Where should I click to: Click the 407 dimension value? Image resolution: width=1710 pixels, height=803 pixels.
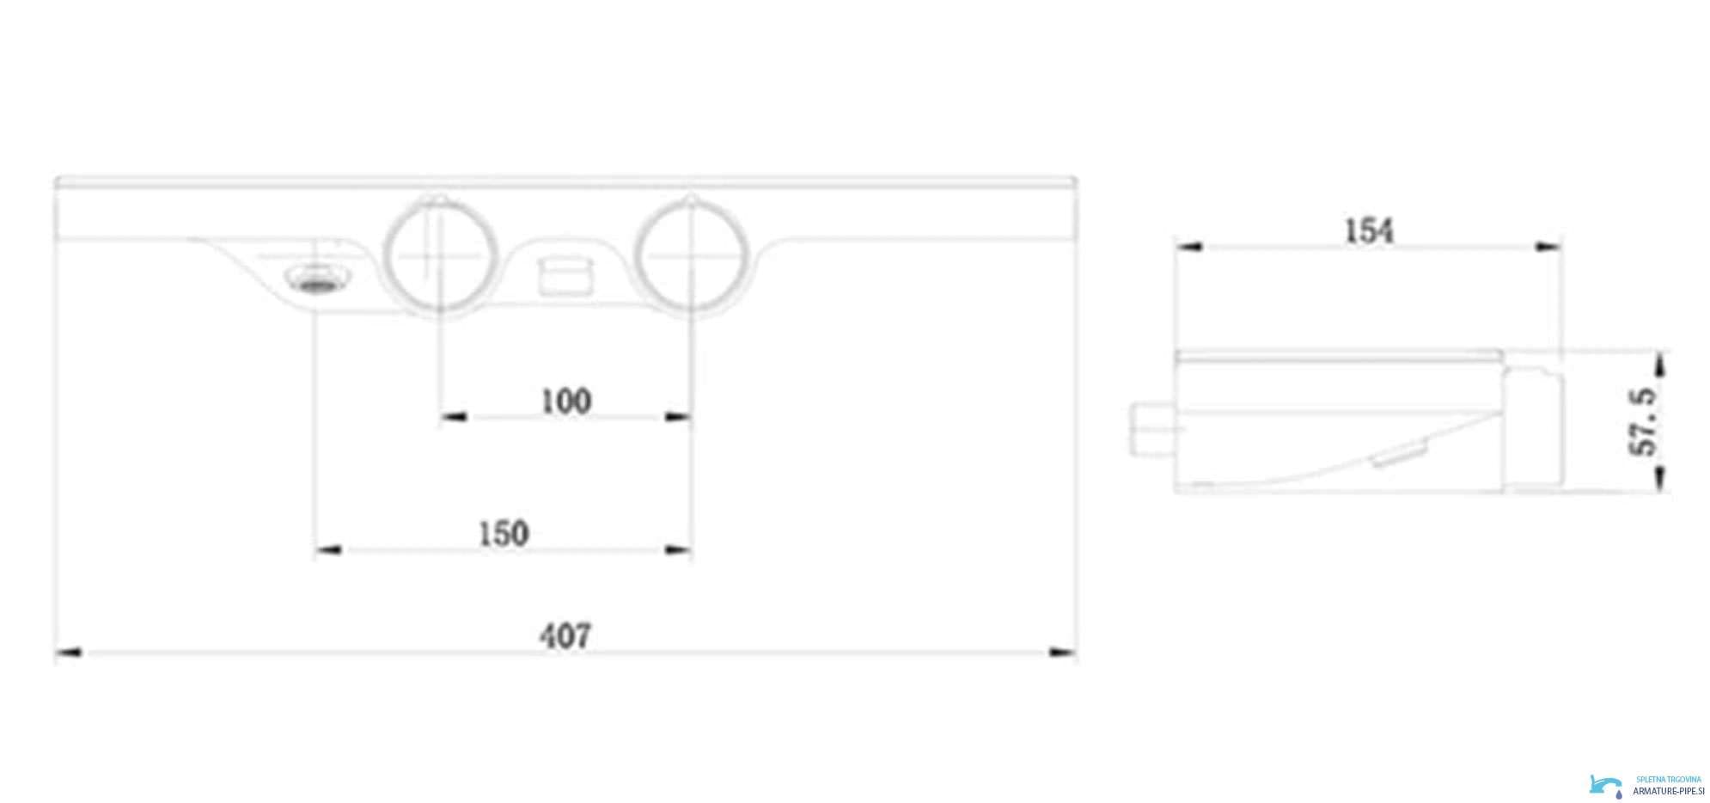tap(565, 635)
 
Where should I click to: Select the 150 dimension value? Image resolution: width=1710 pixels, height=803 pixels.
tap(504, 534)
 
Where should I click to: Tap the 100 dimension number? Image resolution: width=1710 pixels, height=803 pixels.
tap(566, 401)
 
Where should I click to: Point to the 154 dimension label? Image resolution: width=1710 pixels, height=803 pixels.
tap(1368, 230)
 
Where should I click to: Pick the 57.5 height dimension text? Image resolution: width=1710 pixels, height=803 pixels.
tap(1643, 421)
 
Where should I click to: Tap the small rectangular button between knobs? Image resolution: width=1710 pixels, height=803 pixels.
tap(564, 274)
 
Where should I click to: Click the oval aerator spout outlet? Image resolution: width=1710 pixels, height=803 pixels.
tap(317, 279)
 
